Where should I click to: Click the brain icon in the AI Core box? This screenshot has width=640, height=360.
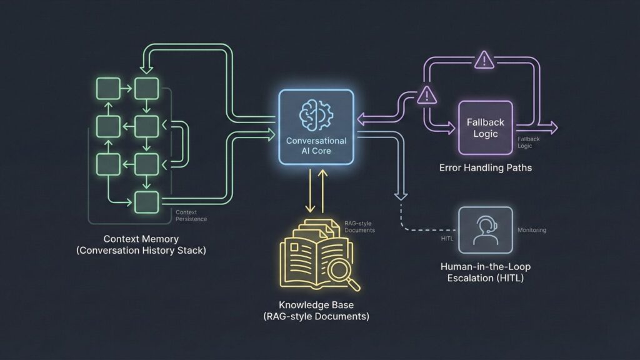click(316, 113)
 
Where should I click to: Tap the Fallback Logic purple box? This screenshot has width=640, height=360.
click(485, 127)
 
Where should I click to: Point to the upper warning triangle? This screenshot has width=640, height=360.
click(484, 61)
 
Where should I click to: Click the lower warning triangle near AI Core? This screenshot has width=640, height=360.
click(426, 95)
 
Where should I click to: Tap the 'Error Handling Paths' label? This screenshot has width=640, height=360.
click(485, 168)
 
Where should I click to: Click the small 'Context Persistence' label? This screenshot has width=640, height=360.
click(191, 216)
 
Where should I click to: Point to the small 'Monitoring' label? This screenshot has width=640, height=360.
click(532, 230)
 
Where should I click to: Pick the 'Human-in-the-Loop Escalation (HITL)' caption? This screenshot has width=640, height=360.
click(485, 272)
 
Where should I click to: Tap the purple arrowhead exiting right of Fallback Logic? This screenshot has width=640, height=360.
click(552, 128)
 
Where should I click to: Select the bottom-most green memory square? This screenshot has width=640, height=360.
click(146, 201)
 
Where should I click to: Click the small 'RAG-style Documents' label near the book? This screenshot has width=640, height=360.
click(359, 226)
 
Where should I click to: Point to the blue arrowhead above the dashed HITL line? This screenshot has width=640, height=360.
click(399, 194)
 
